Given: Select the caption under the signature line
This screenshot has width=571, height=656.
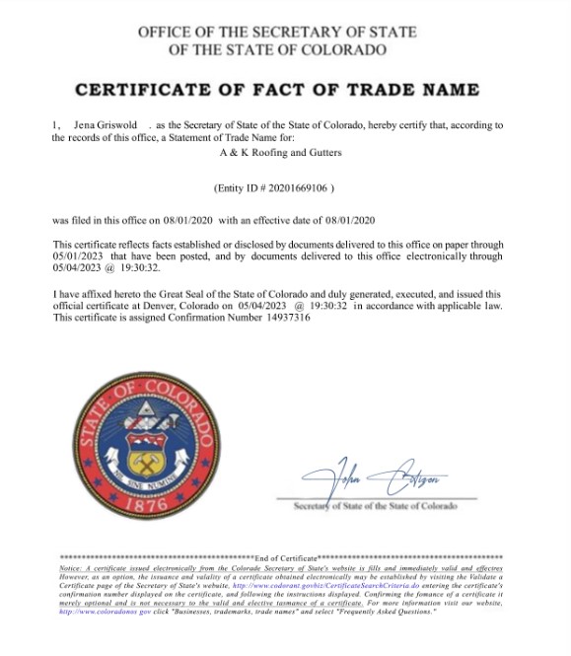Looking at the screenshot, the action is pos(376,506).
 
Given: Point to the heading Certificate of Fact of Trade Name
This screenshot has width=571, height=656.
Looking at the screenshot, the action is pos(277,90).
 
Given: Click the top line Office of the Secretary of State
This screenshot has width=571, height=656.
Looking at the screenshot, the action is pos(277,33).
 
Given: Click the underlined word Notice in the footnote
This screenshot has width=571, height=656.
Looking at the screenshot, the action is pos(71,569).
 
